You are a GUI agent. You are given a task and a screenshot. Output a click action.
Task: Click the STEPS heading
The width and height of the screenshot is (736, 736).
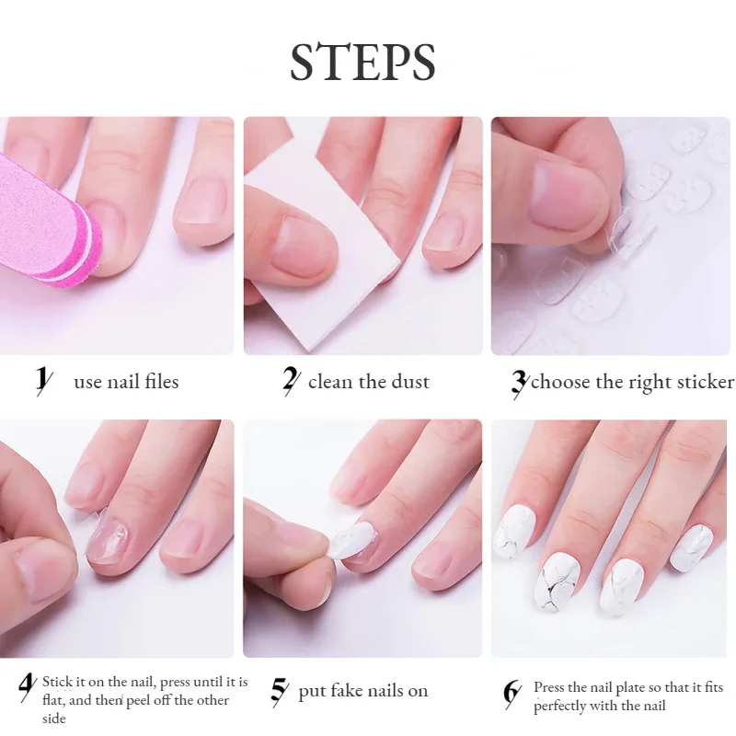point(362,62)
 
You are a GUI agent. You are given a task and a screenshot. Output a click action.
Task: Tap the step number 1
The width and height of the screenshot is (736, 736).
point(42,381)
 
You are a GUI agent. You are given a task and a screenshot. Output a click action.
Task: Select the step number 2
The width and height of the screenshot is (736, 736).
point(291,381)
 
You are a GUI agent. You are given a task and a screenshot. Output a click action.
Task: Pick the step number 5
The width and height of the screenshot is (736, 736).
point(279,691)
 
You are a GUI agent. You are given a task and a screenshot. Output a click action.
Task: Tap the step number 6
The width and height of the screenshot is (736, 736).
point(512,693)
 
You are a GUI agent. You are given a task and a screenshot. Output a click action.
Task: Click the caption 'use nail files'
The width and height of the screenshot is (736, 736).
point(126,381)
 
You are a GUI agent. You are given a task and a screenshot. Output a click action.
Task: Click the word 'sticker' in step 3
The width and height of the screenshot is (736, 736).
point(704,381)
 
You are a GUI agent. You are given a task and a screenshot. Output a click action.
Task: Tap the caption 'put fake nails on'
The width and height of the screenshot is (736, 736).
point(362,691)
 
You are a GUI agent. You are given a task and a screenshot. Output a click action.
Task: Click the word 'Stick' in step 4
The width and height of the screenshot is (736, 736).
point(58,682)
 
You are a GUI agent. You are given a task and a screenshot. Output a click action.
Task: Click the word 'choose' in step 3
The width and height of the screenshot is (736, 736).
point(559,381)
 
